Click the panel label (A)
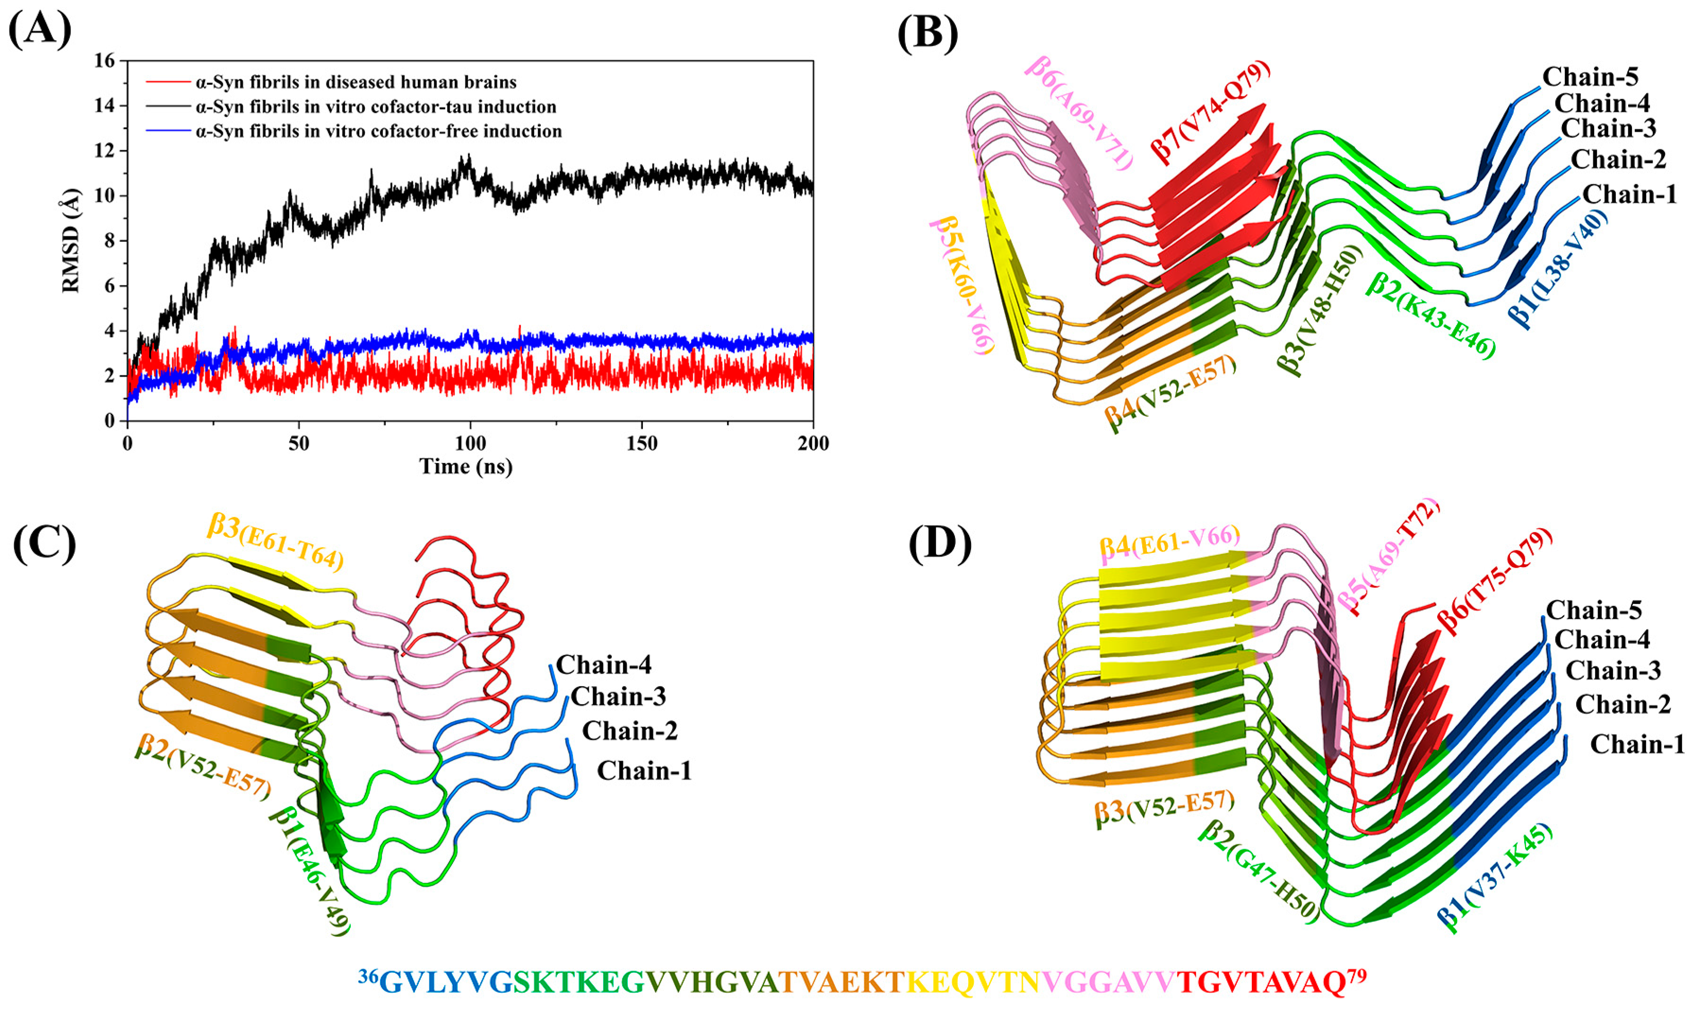coord(40,31)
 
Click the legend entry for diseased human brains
coord(356,83)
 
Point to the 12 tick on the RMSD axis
coord(104,151)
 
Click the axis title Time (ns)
coord(466,467)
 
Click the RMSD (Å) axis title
coord(71,241)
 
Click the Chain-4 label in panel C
coord(603,665)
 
